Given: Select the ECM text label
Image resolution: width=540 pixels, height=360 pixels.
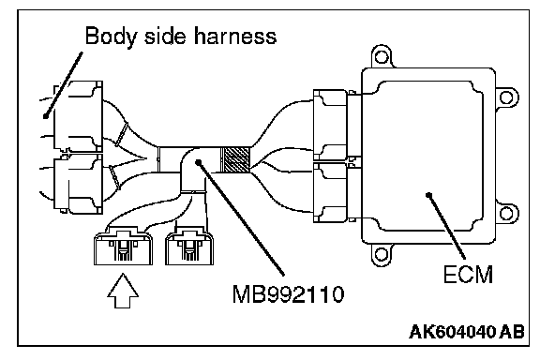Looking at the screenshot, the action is pyautogui.click(x=468, y=275).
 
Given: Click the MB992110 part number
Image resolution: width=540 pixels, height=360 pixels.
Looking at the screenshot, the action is pyautogui.click(x=288, y=293).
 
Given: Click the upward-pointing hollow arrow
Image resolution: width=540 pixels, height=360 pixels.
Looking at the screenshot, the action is pyautogui.click(x=123, y=291).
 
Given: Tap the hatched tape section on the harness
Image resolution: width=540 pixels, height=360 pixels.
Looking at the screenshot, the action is pyautogui.click(x=234, y=159).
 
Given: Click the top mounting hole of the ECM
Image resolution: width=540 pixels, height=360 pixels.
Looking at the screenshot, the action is pyautogui.click(x=382, y=56).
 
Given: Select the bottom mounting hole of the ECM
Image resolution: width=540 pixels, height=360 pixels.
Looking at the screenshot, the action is pyautogui.click(x=381, y=255).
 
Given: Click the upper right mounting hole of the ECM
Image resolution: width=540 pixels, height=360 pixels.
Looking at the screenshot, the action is pyautogui.click(x=505, y=97).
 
